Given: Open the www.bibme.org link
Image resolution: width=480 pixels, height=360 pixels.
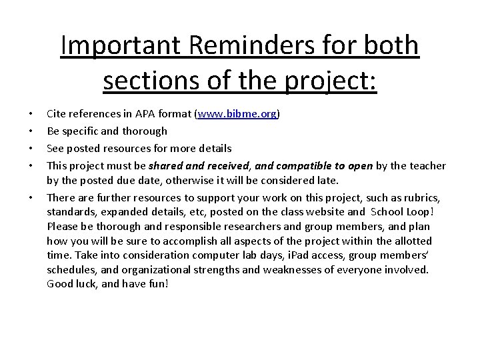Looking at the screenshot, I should pyautogui.click(x=236, y=115).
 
